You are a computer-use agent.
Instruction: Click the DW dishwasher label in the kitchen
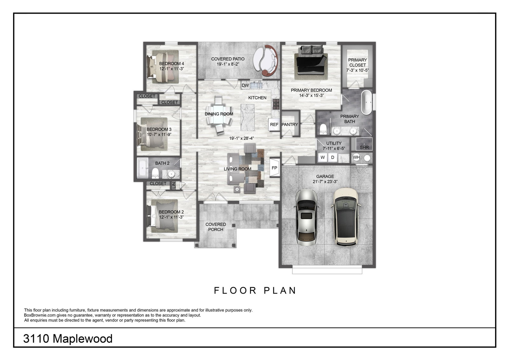[245, 85]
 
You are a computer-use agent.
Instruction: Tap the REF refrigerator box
[274, 125]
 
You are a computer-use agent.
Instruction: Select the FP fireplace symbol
[275, 168]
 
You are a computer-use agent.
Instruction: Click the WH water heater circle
[356, 157]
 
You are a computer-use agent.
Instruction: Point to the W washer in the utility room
[323, 157]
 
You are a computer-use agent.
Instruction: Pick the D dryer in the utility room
[332, 157]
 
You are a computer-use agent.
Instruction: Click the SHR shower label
[364, 147]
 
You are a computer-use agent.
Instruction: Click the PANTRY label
[290, 125]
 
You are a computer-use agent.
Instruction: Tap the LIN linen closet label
[174, 185]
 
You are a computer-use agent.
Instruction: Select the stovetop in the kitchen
[276, 104]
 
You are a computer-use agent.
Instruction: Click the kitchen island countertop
[248, 117]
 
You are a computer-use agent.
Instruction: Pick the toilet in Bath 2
[155, 173]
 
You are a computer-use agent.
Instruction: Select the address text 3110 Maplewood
[68, 339]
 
